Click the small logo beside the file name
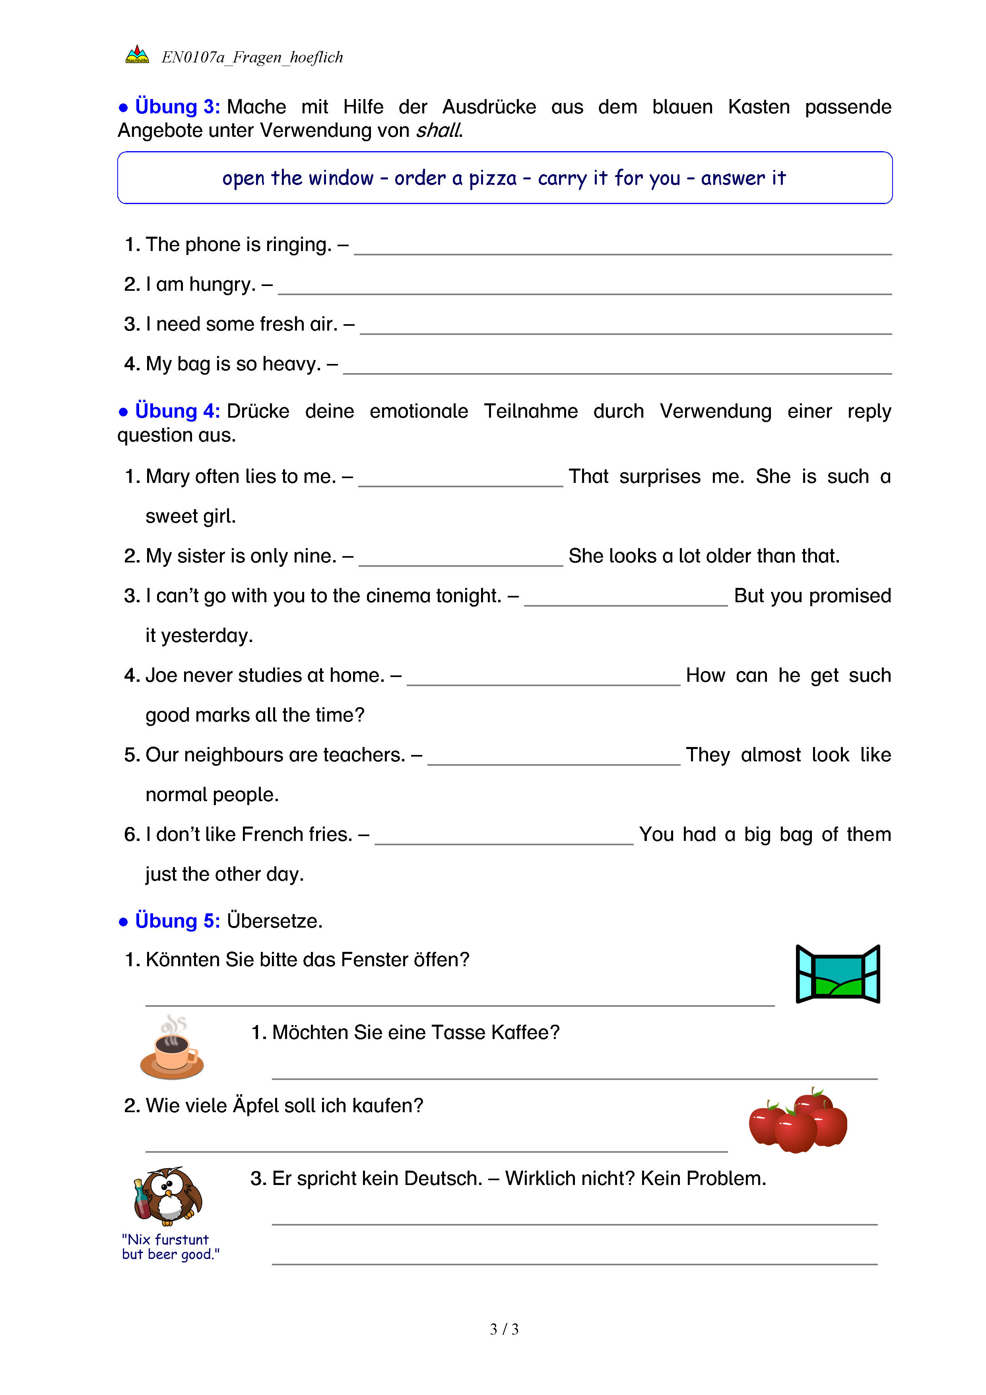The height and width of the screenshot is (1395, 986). tap(137, 55)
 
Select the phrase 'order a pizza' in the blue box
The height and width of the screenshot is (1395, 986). tap(455, 178)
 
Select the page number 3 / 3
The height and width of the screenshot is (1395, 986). tap(504, 1329)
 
